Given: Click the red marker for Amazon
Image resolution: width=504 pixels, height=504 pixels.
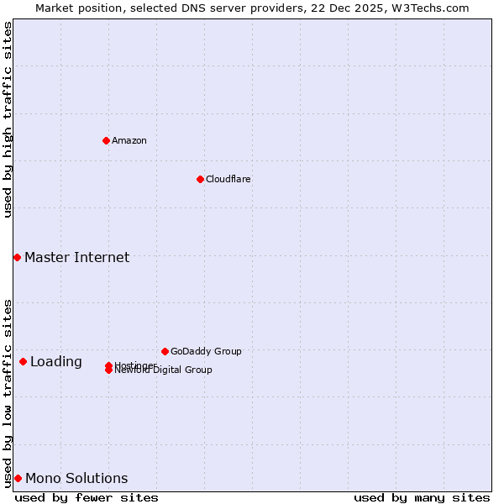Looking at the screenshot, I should (106, 140).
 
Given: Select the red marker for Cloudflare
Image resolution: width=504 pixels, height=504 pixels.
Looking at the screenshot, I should (200, 179).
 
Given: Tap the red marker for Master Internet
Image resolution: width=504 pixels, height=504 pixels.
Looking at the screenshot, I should (17, 257).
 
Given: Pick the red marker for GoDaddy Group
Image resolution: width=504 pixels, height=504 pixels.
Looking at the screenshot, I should (165, 351).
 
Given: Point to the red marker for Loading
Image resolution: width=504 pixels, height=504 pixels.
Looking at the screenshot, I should (23, 361).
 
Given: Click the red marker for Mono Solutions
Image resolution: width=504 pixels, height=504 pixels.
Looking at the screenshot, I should (18, 478).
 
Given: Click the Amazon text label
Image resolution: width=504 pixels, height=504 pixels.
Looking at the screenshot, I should (129, 140).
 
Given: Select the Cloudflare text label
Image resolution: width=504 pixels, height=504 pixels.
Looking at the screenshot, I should (228, 179).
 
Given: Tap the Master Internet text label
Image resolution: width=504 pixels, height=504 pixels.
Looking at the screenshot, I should (76, 257).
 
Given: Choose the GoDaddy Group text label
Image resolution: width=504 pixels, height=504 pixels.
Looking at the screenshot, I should (206, 351).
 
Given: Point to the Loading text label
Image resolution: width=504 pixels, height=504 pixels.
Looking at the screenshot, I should (55, 361).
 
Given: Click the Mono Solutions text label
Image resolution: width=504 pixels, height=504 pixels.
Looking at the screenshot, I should (76, 478).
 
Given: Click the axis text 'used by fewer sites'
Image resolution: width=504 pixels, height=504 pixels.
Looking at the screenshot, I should (87, 497).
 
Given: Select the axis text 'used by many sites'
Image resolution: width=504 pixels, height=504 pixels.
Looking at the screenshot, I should (422, 497).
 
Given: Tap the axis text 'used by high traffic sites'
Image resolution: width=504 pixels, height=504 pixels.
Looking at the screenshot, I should (8, 119).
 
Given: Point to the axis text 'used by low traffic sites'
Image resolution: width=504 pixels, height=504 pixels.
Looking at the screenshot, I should (8, 392).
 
